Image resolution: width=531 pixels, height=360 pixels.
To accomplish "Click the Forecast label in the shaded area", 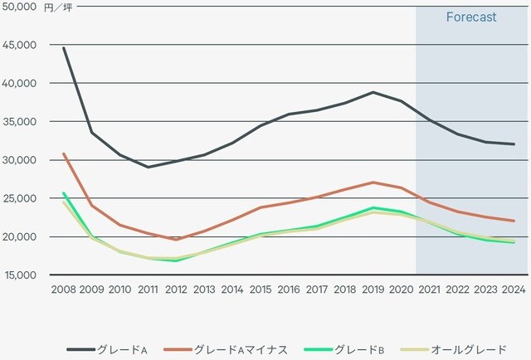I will [x=471, y=17].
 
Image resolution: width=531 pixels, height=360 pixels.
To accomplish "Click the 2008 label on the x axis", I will [x=64, y=289].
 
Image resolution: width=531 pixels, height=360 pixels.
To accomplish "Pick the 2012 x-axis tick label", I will [x=177, y=289].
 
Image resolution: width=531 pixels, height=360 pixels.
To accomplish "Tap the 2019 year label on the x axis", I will [x=373, y=289].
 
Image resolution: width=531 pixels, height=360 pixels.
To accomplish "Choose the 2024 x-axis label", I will [x=514, y=289].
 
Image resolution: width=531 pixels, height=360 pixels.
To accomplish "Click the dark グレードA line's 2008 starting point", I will [x=64, y=48].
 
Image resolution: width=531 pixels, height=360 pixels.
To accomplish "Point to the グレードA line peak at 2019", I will [x=373, y=92].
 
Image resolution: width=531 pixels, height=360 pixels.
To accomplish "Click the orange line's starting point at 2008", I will [x=64, y=153].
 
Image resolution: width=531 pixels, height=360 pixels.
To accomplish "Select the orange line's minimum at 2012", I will [x=177, y=240].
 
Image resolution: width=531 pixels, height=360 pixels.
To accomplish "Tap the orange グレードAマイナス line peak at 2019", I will [x=373, y=182].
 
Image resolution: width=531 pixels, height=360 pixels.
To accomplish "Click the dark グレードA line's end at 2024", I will [x=514, y=144].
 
